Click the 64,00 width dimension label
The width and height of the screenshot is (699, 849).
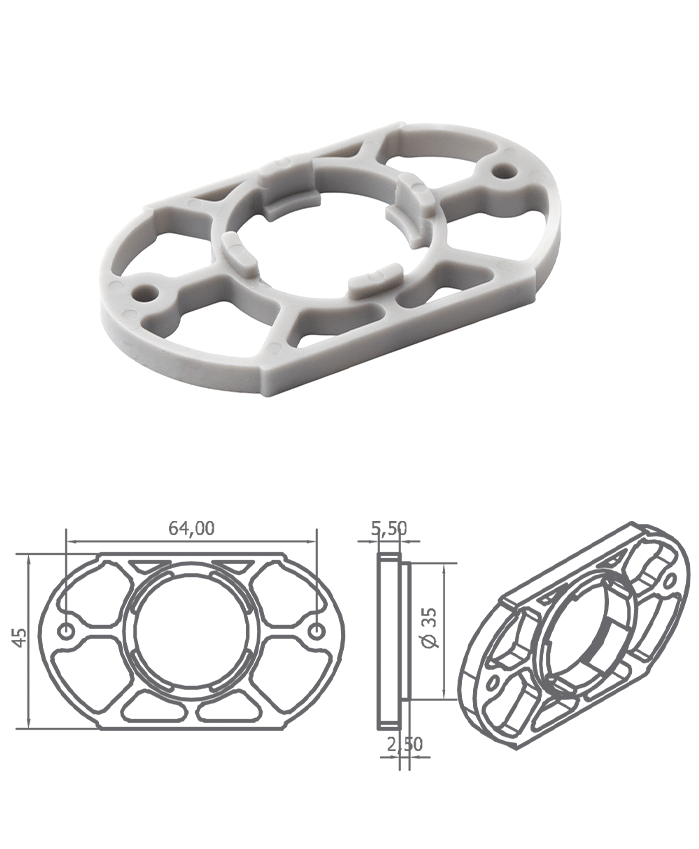191,528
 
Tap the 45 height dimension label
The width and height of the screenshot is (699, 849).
20,637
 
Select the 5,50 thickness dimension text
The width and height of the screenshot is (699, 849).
389,529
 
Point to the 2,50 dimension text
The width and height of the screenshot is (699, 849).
405,744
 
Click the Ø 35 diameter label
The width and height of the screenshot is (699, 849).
431,627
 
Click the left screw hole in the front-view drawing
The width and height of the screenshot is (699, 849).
67,631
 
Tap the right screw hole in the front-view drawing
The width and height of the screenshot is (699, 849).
318,631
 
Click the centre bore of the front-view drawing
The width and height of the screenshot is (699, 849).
192,632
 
